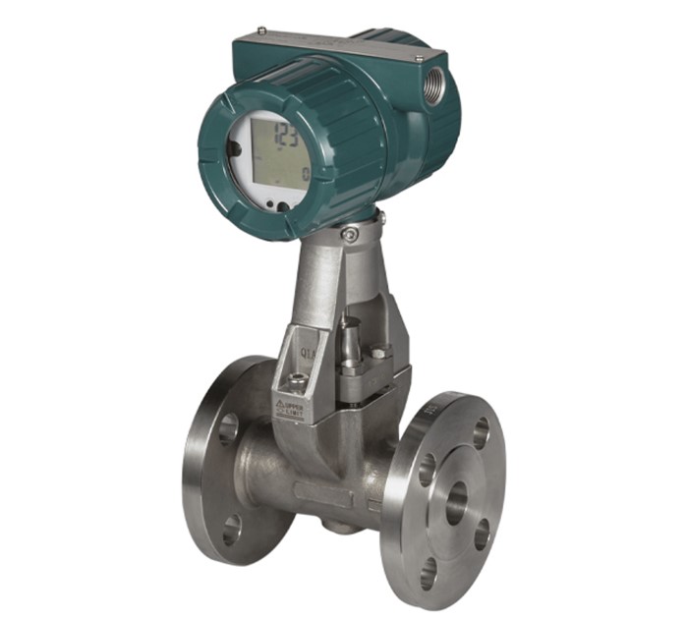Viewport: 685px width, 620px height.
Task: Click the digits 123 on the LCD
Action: coord(286,134)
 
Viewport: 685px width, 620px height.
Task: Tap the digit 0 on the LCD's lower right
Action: coord(306,175)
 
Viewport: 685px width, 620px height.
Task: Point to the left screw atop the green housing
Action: coord(259,30)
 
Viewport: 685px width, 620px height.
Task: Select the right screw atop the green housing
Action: coord(420,59)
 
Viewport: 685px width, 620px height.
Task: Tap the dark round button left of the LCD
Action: coord(234,148)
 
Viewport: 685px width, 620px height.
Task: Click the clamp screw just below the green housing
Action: coord(350,233)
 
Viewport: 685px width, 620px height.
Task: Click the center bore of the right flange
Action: coord(457,502)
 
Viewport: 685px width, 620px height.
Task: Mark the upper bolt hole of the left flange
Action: coord(228,428)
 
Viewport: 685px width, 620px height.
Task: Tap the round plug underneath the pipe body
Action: coord(340,526)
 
